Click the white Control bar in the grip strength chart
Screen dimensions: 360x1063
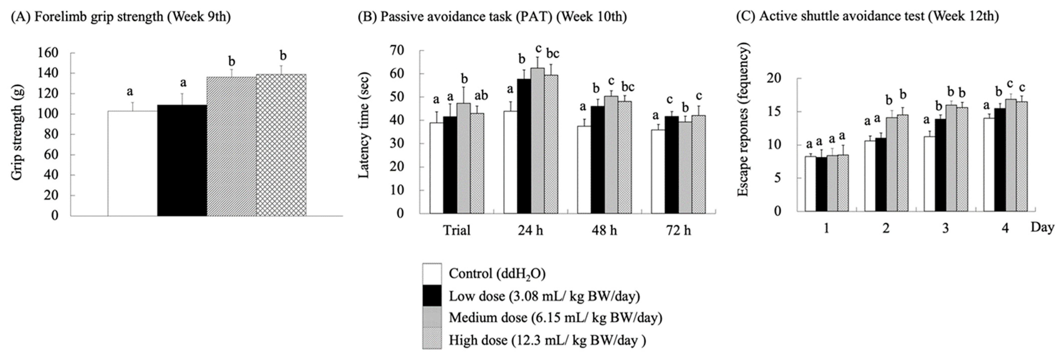coord(132,163)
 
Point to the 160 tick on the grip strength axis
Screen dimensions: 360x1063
coord(48,53)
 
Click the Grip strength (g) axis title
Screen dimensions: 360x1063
coord(17,132)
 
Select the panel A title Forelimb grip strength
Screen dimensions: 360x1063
coord(121,17)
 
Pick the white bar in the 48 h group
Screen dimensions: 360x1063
coord(584,170)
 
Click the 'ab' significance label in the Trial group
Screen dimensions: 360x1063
coord(481,96)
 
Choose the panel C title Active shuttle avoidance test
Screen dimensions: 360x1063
coord(867,17)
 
